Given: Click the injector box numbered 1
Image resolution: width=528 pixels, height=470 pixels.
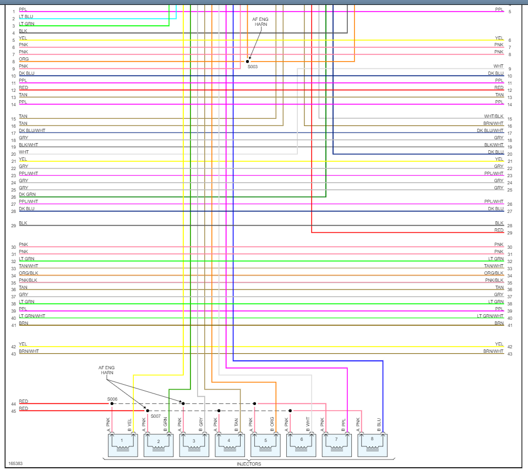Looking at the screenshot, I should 122,445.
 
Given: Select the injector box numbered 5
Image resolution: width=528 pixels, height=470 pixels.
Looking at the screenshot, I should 266,445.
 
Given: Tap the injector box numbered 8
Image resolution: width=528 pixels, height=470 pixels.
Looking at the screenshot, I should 373,445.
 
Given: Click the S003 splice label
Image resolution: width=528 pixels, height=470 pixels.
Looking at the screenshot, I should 252,67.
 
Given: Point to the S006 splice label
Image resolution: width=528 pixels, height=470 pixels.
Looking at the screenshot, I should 112,398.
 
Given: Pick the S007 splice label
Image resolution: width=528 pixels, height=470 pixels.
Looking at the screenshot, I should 156,416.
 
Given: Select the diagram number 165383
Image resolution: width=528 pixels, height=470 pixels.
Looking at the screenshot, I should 15,463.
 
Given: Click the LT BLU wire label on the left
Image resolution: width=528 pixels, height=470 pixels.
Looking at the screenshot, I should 26,17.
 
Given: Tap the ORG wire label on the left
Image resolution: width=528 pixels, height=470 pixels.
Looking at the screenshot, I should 24,59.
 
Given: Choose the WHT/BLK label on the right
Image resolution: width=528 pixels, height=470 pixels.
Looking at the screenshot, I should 493,116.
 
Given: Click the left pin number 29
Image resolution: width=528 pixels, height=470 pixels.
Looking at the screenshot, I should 13,226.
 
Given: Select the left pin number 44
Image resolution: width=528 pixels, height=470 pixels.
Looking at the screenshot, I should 13,404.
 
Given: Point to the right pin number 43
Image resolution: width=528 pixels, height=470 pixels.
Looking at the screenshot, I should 510,354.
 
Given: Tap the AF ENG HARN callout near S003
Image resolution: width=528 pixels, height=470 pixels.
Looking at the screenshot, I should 260,21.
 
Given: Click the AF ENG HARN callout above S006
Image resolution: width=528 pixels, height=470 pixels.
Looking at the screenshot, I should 107,370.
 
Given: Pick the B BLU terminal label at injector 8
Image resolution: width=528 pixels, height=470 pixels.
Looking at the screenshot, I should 379,423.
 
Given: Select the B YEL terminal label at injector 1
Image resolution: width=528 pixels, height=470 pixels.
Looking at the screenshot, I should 129,423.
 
